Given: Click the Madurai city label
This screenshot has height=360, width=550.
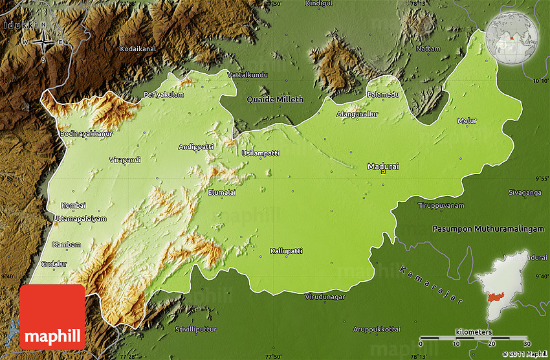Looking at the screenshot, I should click(x=383, y=166).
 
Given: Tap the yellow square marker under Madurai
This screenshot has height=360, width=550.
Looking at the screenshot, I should click(x=383, y=172).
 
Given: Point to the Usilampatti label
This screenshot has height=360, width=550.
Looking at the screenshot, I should click(x=260, y=153).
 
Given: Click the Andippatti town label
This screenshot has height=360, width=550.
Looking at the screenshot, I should click(x=196, y=147).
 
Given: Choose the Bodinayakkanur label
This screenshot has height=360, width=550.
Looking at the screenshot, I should click(x=86, y=133).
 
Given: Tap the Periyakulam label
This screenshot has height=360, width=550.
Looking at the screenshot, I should click(x=164, y=95).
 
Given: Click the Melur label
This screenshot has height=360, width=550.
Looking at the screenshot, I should click(x=467, y=120).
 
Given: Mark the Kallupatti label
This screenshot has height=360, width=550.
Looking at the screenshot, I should click(x=287, y=251).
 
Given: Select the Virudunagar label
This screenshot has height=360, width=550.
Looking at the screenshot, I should click(x=325, y=297).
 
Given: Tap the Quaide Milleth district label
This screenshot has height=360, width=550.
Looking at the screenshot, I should click(x=275, y=99).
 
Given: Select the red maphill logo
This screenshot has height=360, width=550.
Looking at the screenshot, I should click(x=52, y=317).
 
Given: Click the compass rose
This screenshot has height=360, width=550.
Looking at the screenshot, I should click(x=43, y=43).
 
